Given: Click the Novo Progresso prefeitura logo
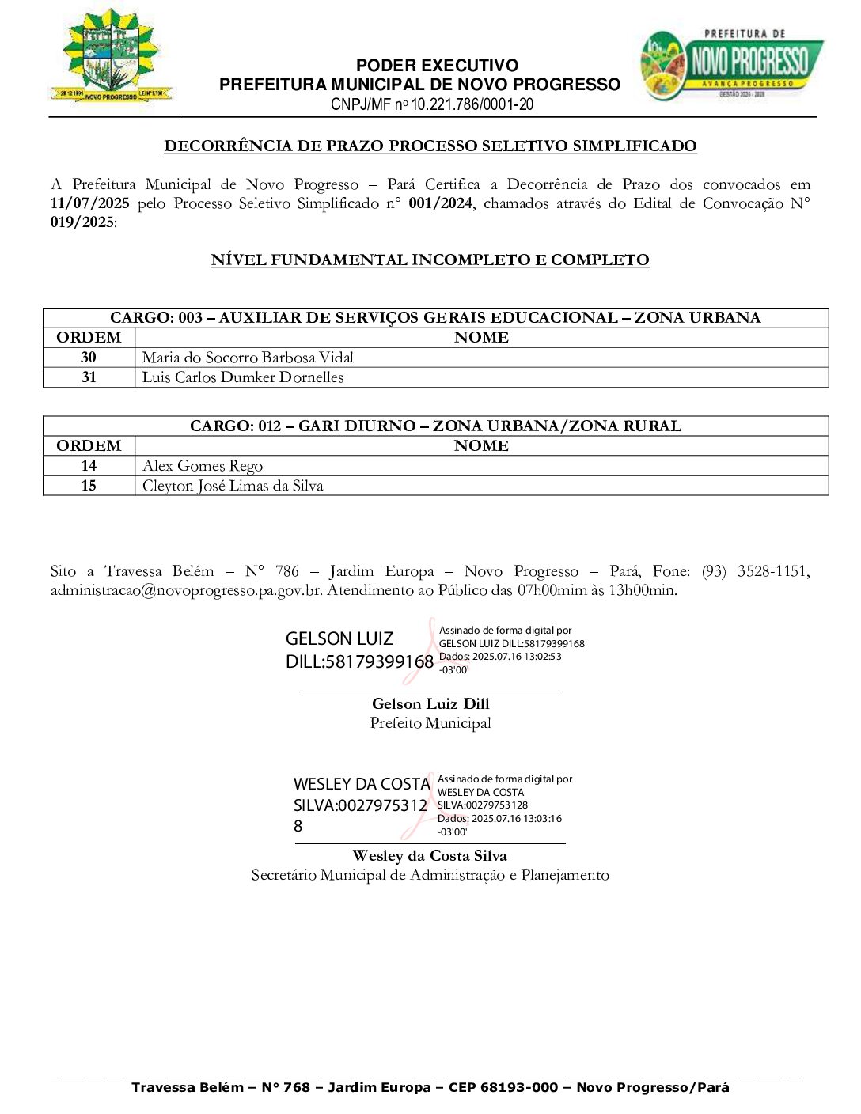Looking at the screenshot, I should pyautogui.click(x=731, y=66).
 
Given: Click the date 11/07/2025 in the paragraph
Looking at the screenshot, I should pyautogui.click(x=89, y=203).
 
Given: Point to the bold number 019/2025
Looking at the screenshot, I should pyautogui.click(x=82, y=222).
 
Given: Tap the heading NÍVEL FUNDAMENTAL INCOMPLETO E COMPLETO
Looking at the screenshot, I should pyautogui.click(x=430, y=260).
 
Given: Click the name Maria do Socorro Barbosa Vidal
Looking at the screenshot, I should pyautogui.click(x=248, y=358).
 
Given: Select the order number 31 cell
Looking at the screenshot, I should pyautogui.click(x=89, y=377).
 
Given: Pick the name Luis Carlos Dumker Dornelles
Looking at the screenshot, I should pyautogui.click(x=243, y=377).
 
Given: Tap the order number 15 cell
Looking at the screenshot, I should pyautogui.click(x=89, y=486).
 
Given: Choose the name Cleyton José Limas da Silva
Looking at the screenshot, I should pyautogui.click(x=233, y=486).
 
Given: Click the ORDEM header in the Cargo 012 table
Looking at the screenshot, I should pyautogui.click(x=89, y=446).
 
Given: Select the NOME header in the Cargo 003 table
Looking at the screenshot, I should pyautogui.click(x=481, y=338).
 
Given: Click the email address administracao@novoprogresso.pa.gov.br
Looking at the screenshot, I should pyautogui.click(x=186, y=590).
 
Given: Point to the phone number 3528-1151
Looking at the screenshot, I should pyautogui.click(x=773, y=571).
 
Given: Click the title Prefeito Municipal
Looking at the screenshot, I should pyautogui.click(x=430, y=723).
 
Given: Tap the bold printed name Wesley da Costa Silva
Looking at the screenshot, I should pyautogui.click(x=430, y=856).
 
